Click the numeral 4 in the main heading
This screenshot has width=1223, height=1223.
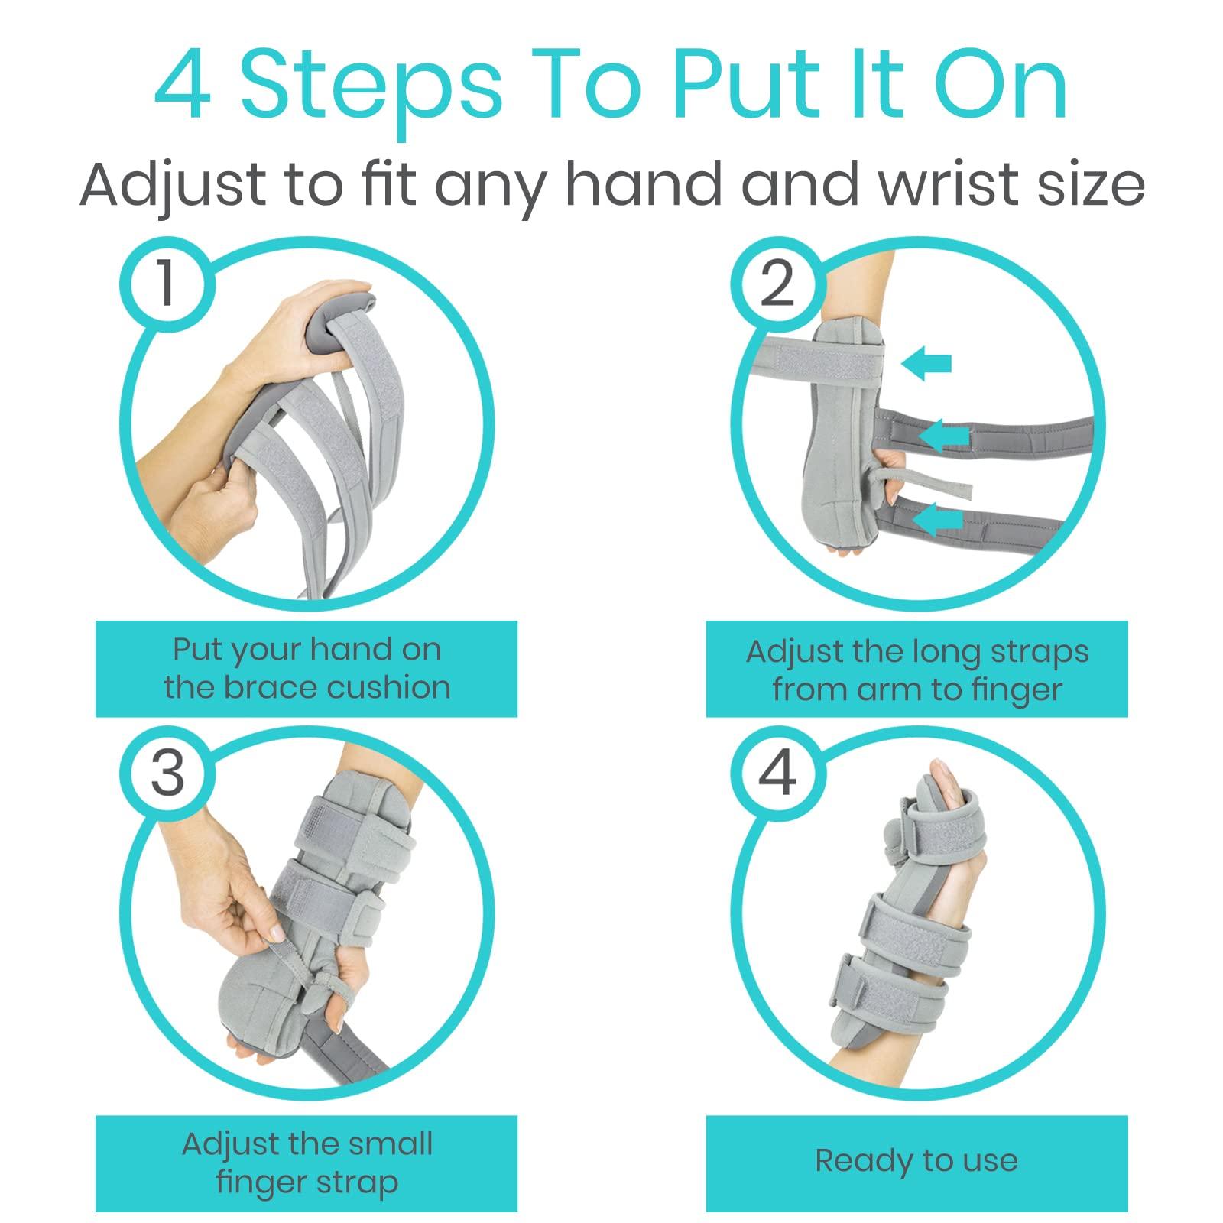[183, 90]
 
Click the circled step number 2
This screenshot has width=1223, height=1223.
[777, 284]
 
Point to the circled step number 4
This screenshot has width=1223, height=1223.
[777, 771]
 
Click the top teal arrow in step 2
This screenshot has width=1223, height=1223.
[926, 365]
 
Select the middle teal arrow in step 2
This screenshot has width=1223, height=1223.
[944, 436]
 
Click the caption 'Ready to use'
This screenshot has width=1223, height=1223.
[916, 1160]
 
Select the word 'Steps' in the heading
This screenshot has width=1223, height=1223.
[372, 90]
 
